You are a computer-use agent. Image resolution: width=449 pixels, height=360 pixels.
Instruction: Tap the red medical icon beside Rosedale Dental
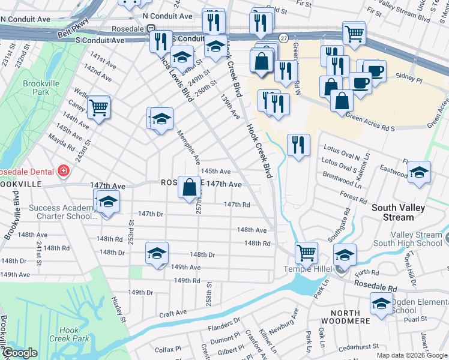(63, 172)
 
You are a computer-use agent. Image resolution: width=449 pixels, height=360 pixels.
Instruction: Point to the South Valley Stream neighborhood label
(398, 212)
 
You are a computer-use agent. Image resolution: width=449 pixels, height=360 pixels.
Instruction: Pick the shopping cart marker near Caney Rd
(98, 108)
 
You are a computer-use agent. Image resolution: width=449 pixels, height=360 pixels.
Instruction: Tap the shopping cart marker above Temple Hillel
(306, 253)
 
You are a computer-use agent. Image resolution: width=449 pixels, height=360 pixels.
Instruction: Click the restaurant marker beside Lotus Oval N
(298, 145)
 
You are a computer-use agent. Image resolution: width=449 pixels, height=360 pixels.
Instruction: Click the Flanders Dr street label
(223, 328)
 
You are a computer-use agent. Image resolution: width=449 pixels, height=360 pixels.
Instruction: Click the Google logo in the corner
(20, 353)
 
